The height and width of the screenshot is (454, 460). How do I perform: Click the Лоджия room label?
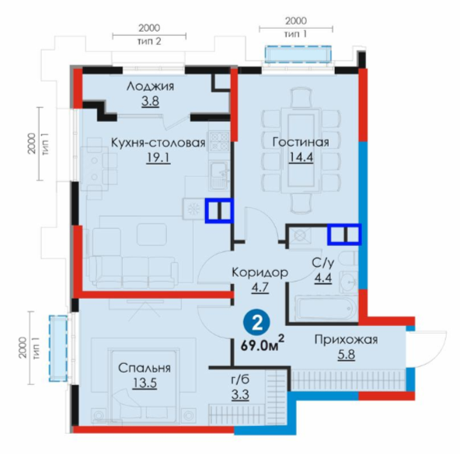150,86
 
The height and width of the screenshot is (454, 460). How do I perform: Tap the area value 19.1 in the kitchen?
159,158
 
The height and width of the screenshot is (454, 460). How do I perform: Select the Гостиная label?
301,142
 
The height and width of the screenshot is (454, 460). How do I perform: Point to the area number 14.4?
301,158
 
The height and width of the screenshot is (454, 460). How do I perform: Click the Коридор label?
260,272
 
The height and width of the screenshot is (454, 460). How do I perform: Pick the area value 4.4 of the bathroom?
323,278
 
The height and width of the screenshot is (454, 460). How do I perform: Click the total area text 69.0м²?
263,345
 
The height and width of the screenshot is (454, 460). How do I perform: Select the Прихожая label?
347,340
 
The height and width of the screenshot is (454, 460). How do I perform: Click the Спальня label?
145,368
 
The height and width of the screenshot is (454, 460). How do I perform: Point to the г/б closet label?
240,379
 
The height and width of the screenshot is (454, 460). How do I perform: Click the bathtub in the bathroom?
326,309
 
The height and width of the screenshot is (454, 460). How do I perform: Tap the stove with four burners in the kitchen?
219,140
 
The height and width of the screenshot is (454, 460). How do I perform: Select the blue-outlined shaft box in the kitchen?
219,211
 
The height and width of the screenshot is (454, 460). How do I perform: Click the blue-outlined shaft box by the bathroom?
344,234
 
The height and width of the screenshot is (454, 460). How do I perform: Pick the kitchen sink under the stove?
219,175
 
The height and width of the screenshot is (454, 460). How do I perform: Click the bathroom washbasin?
349,282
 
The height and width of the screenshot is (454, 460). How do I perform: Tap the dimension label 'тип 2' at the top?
149,42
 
